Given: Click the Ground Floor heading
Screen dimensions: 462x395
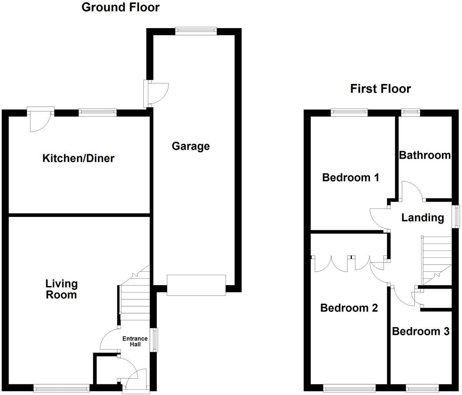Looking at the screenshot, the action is tap(120, 7).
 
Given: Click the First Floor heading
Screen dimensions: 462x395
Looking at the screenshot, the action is tap(380, 89).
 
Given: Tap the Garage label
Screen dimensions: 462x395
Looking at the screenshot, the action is tap(191, 146).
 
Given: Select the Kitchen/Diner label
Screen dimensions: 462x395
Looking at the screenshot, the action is tap(78, 158).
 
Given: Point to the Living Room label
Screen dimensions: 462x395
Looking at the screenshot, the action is tap(62, 289).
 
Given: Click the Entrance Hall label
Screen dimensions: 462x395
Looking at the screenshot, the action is tap(135, 341).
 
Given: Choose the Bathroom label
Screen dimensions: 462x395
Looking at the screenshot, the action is tap(425, 155).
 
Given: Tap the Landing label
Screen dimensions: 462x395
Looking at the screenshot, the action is tap(422, 218).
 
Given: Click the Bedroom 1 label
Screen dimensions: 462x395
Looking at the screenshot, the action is tap(350, 178).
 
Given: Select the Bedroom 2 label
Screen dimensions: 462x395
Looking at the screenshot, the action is tap(349, 308).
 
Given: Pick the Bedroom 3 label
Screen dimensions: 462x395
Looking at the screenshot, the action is tap(420, 331).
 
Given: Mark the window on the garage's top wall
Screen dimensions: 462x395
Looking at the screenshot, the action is tap(196, 31).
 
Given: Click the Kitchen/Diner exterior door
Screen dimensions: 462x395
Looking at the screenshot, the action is tap(40, 113).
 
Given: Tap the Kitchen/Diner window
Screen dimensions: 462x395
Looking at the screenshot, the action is tap(97, 113).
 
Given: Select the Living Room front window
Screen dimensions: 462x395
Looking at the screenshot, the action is tap(61, 388).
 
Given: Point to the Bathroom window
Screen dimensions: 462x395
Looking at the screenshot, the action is tap(410, 113).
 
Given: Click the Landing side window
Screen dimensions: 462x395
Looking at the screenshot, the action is tap(457, 217).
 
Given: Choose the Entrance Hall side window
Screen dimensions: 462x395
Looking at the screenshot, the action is tap(153, 340).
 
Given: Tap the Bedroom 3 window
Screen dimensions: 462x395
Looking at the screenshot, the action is tap(422, 388).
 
